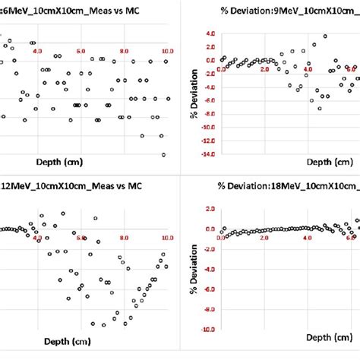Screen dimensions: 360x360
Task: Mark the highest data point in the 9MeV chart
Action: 325,36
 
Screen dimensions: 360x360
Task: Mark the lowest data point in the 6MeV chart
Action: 163,154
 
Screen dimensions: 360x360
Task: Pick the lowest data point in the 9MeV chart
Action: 320,109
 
